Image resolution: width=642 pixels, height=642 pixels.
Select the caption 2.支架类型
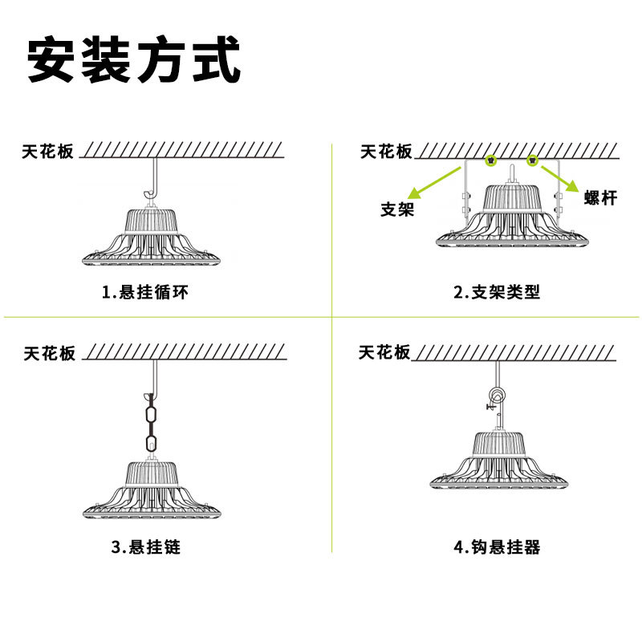point(498,292)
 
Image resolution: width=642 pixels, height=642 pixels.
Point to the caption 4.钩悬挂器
point(498,548)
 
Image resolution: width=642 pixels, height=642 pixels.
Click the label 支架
point(396,210)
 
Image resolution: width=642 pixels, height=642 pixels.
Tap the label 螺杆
point(600,197)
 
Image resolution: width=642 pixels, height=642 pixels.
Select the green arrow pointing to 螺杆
point(557,177)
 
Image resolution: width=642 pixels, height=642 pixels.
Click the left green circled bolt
point(490,161)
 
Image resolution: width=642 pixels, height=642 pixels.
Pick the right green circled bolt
point(531,161)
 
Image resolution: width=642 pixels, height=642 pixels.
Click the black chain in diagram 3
point(149,421)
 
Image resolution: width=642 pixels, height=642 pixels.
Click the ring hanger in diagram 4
point(497,396)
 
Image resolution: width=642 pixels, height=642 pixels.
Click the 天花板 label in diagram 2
point(386,151)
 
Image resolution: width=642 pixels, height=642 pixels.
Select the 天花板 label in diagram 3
point(49,353)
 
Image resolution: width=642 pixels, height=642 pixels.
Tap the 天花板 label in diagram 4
point(384,352)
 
